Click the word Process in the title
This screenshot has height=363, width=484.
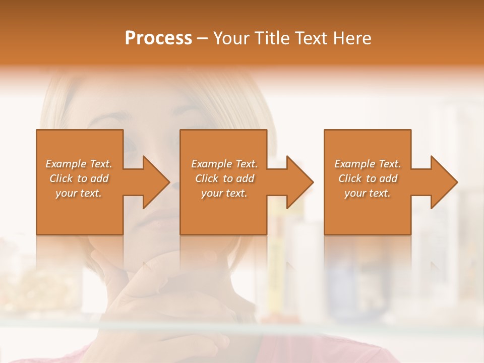pos(158,38)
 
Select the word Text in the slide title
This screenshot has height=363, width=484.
pos(310,38)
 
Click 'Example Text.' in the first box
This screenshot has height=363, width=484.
pos(79,164)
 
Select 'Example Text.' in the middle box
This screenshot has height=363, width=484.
pos(224,164)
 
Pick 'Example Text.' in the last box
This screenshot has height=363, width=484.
pos(368,164)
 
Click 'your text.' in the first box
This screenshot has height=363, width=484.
pos(79,193)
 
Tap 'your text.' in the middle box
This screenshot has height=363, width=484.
pos(224,193)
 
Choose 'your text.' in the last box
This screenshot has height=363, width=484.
pos(368,193)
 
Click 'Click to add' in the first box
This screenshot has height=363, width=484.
pos(79,178)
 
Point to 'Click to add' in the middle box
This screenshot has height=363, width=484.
pos(224,178)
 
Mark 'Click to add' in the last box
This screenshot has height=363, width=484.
pos(368,178)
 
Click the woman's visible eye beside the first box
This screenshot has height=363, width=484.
pos(131,147)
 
